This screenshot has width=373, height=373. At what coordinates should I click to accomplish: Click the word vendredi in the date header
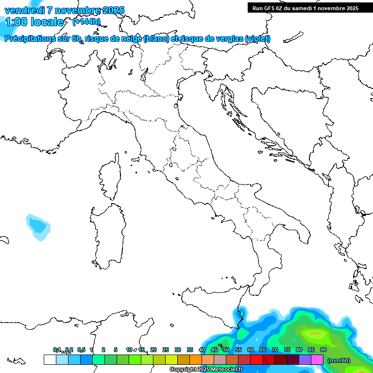(25, 10)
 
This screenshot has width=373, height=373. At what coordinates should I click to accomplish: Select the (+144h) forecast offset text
(86, 21)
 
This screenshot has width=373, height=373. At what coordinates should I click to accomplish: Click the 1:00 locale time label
(34, 22)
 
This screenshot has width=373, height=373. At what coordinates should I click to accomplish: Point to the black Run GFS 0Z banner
(305, 8)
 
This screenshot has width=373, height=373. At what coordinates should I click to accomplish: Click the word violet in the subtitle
(257, 39)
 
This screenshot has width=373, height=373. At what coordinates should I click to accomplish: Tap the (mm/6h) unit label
(339, 360)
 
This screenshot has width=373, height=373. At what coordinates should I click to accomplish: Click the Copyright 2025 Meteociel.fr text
(206, 370)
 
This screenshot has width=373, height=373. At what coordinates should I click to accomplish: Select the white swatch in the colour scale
(50, 360)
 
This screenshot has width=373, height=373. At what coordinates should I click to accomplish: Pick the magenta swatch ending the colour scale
(317, 360)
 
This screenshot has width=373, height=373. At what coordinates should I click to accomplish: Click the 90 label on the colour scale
(323, 350)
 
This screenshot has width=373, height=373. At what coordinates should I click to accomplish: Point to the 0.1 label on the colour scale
(57, 350)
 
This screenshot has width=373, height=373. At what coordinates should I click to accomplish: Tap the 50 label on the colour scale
(226, 350)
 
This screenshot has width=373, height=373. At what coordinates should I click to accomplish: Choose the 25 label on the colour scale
(166, 350)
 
